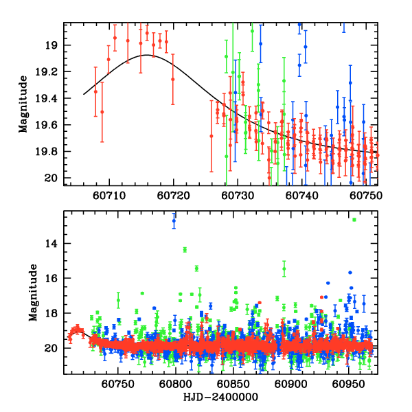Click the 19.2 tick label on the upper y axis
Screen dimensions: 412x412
click(x=48, y=72)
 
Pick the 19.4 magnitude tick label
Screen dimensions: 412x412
click(x=48, y=99)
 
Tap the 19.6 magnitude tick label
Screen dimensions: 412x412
click(x=48, y=125)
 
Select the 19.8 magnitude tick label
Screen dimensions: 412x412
click(x=48, y=152)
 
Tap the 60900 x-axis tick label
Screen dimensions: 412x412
click(x=290, y=385)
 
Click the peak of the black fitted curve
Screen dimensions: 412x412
click(x=148, y=55)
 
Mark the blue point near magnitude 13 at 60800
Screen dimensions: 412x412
click(x=174, y=222)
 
